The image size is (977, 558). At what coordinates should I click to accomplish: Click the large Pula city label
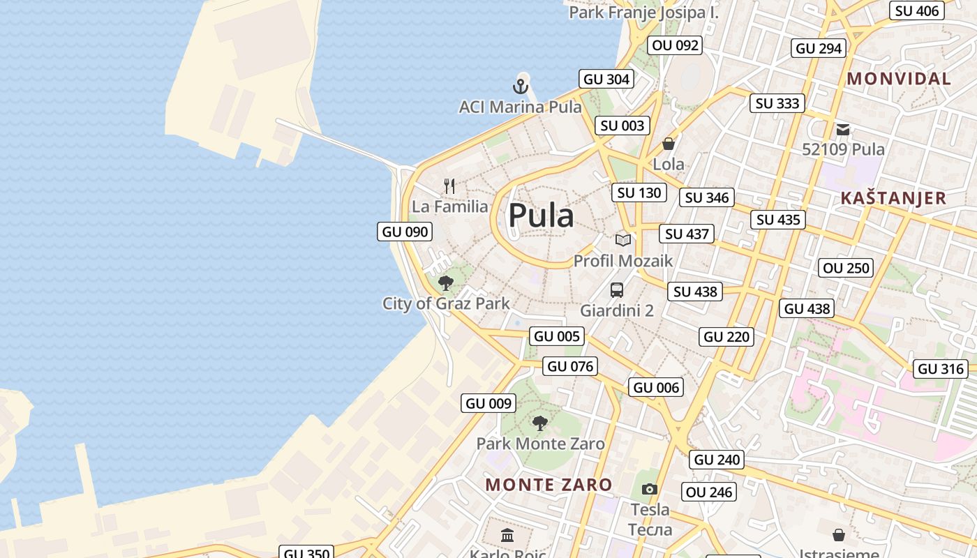541,216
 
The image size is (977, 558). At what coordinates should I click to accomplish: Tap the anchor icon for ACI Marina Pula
520,86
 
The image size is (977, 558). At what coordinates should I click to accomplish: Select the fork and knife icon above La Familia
449,186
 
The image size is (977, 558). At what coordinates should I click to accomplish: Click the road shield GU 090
405,232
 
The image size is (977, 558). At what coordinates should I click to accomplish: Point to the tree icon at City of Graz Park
446,283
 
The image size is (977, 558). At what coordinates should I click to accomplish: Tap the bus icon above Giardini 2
616,290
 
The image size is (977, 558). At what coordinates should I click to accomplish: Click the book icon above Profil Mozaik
623,240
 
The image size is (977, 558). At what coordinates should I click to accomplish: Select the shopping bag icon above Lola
669,144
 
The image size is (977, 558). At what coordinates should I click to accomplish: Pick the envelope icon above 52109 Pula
843,129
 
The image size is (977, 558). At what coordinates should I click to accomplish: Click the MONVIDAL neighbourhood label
899,79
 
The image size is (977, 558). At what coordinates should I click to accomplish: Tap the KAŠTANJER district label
893,198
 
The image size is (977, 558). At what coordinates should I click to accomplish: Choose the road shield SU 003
623,126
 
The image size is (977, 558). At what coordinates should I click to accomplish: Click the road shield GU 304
606,80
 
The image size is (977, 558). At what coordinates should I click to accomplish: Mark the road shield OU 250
847,268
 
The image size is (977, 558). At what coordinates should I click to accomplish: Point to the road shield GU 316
941,369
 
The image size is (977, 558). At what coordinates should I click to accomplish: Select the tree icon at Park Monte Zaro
539,423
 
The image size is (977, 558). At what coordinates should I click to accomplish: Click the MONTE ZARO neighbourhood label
549,485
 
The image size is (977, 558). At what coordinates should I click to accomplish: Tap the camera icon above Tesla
650,489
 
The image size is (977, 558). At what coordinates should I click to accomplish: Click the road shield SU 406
917,10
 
